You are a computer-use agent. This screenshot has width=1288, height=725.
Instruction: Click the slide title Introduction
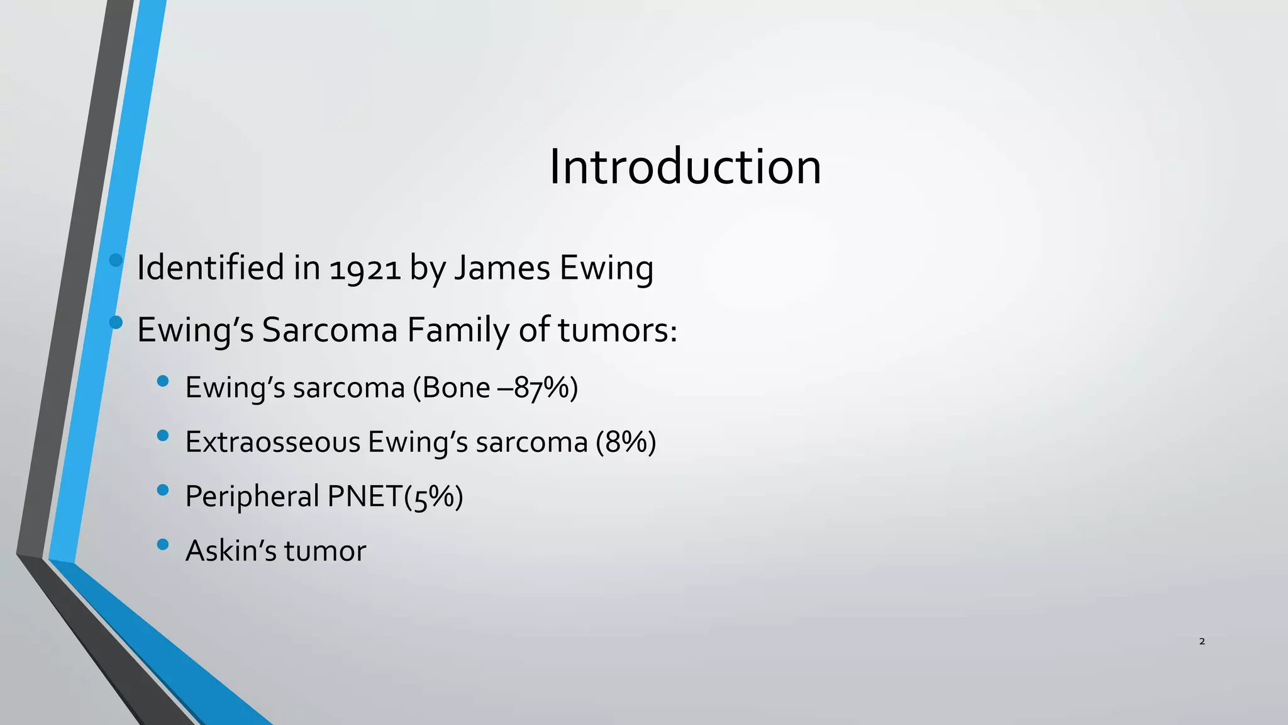pyautogui.click(x=685, y=167)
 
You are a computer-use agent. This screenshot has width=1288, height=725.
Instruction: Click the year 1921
pyautogui.click(x=365, y=269)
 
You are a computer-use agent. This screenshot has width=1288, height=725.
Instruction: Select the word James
pyautogui.click(x=502, y=267)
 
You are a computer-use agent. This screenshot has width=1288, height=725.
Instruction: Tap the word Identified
pyautogui.click(x=210, y=267)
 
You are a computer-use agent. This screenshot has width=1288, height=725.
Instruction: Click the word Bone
pyautogui.click(x=456, y=388)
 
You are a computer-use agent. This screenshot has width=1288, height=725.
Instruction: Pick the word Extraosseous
pyautogui.click(x=272, y=442)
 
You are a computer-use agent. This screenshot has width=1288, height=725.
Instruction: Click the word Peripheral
pyautogui.click(x=253, y=497)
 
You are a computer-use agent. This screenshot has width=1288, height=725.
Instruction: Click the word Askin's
pyautogui.click(x=231, y=551)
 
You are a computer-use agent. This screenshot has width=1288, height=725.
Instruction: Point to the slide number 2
pyautogui.click(x=1202, y=641)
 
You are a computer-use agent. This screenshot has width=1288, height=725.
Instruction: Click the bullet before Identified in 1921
pyautogui.click(x=116, y=260)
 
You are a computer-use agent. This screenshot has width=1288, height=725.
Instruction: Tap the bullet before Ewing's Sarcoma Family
pyautogui.click(x=116, y=323)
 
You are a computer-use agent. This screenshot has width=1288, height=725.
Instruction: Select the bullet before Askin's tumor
pyautogui.click(x=163, y=544)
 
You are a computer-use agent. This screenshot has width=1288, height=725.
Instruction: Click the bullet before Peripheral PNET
pyautogui.click(x=163, y=490)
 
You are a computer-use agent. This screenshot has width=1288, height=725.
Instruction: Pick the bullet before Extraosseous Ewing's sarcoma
pyautogui.click(x=163, y=436)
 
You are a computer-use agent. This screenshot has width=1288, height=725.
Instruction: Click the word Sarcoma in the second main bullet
pyautogui.click(x=330, y=330)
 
